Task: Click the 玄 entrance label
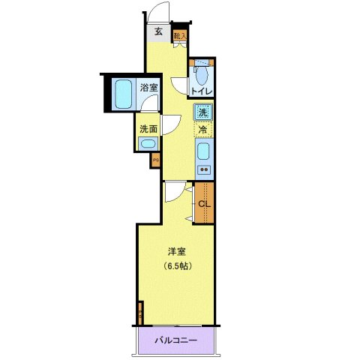click(158, 31)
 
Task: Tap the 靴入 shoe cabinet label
click(179, 34)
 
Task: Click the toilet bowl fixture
click(201, 75)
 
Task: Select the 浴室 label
click(148, 88)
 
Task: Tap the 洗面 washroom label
click(148, 127)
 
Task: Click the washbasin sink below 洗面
click(148, 144)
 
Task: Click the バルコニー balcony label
click(176, 340)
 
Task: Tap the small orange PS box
click(156, 160)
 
